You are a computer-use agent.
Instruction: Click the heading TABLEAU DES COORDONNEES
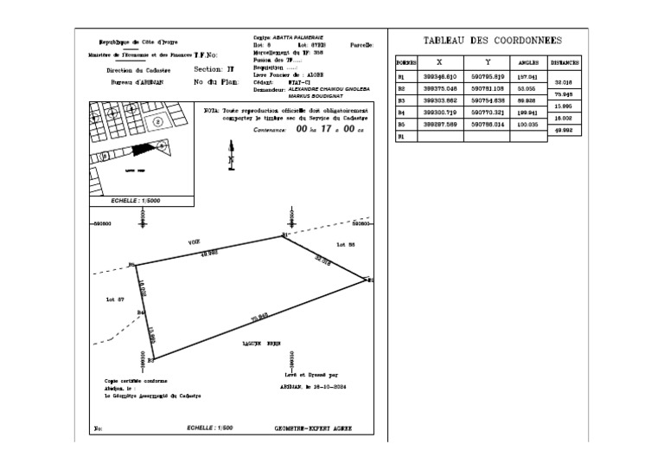click(493, 41)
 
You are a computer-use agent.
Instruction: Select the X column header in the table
click(440, 62)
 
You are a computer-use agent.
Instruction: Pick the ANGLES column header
click(528, 63)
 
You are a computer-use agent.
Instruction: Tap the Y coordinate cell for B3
click(488, 100)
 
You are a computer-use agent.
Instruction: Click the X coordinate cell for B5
click(440, 124)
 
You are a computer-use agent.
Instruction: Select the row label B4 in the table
click(401, 113)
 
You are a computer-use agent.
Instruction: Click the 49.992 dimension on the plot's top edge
click(209, 254)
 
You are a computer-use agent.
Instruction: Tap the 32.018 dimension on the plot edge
click(322, 258)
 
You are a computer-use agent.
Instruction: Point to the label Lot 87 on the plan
click(115, 299)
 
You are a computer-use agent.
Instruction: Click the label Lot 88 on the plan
click(346, 245)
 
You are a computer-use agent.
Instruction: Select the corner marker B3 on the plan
click(150, 359)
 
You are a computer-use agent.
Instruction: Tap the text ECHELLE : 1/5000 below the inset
click(137, 200)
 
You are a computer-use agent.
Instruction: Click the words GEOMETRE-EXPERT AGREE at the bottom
click(313, 428)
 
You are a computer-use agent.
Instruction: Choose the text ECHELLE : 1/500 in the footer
click(210, 428)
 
